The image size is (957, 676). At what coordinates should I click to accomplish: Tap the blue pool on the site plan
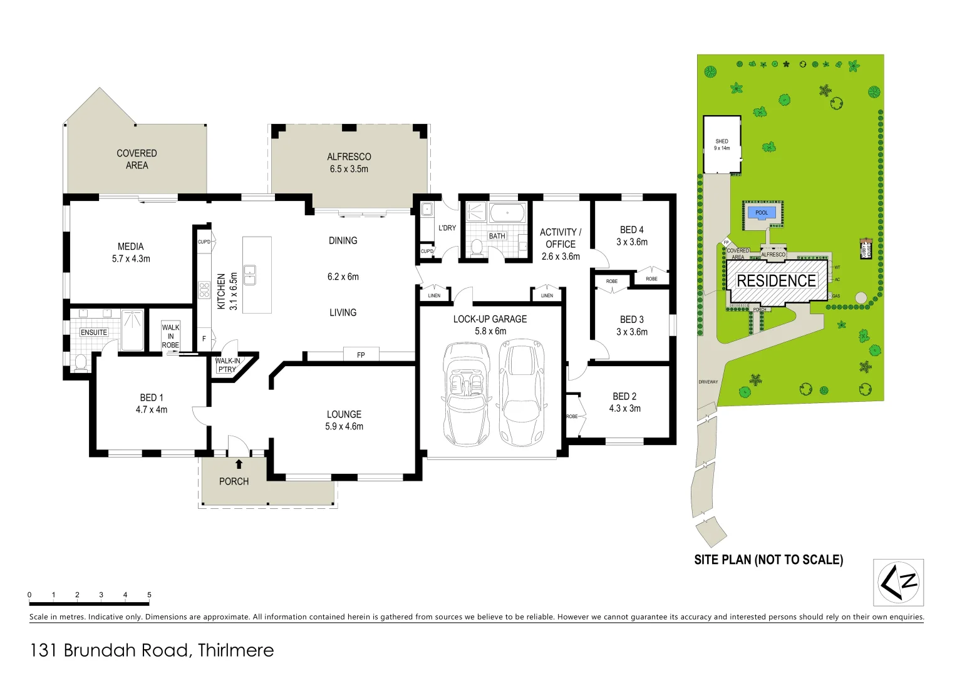click(761, 213)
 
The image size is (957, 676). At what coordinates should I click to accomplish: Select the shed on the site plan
click(722, 145)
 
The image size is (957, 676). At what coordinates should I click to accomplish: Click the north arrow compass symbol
click(898, 582)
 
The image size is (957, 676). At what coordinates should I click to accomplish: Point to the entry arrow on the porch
click(239, 464)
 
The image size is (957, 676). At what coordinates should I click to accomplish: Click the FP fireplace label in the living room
click(361, 355)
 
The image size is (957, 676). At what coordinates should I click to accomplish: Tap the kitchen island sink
click(249, 274)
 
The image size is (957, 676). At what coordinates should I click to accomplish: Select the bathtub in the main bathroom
click(507, 213)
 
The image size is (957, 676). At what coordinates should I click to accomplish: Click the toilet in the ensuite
click(80, 362)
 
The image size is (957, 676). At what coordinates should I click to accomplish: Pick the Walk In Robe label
click(170, 336)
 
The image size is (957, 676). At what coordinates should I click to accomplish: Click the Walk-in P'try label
click(227, 365)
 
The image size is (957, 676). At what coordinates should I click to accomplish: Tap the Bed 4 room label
click(631, 235)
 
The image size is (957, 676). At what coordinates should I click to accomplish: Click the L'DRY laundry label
click(447, 228)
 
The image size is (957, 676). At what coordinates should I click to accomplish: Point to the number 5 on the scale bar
click(149, 595)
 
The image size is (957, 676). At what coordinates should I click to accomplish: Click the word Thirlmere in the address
click(235, 650)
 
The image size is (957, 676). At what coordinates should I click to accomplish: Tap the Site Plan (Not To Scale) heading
click(768, 560)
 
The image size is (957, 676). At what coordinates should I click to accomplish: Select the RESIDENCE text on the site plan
click(776, 281)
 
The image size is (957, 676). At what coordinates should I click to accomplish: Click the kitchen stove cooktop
click(204, 290)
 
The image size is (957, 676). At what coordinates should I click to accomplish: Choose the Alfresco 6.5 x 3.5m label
click(349, 163)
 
